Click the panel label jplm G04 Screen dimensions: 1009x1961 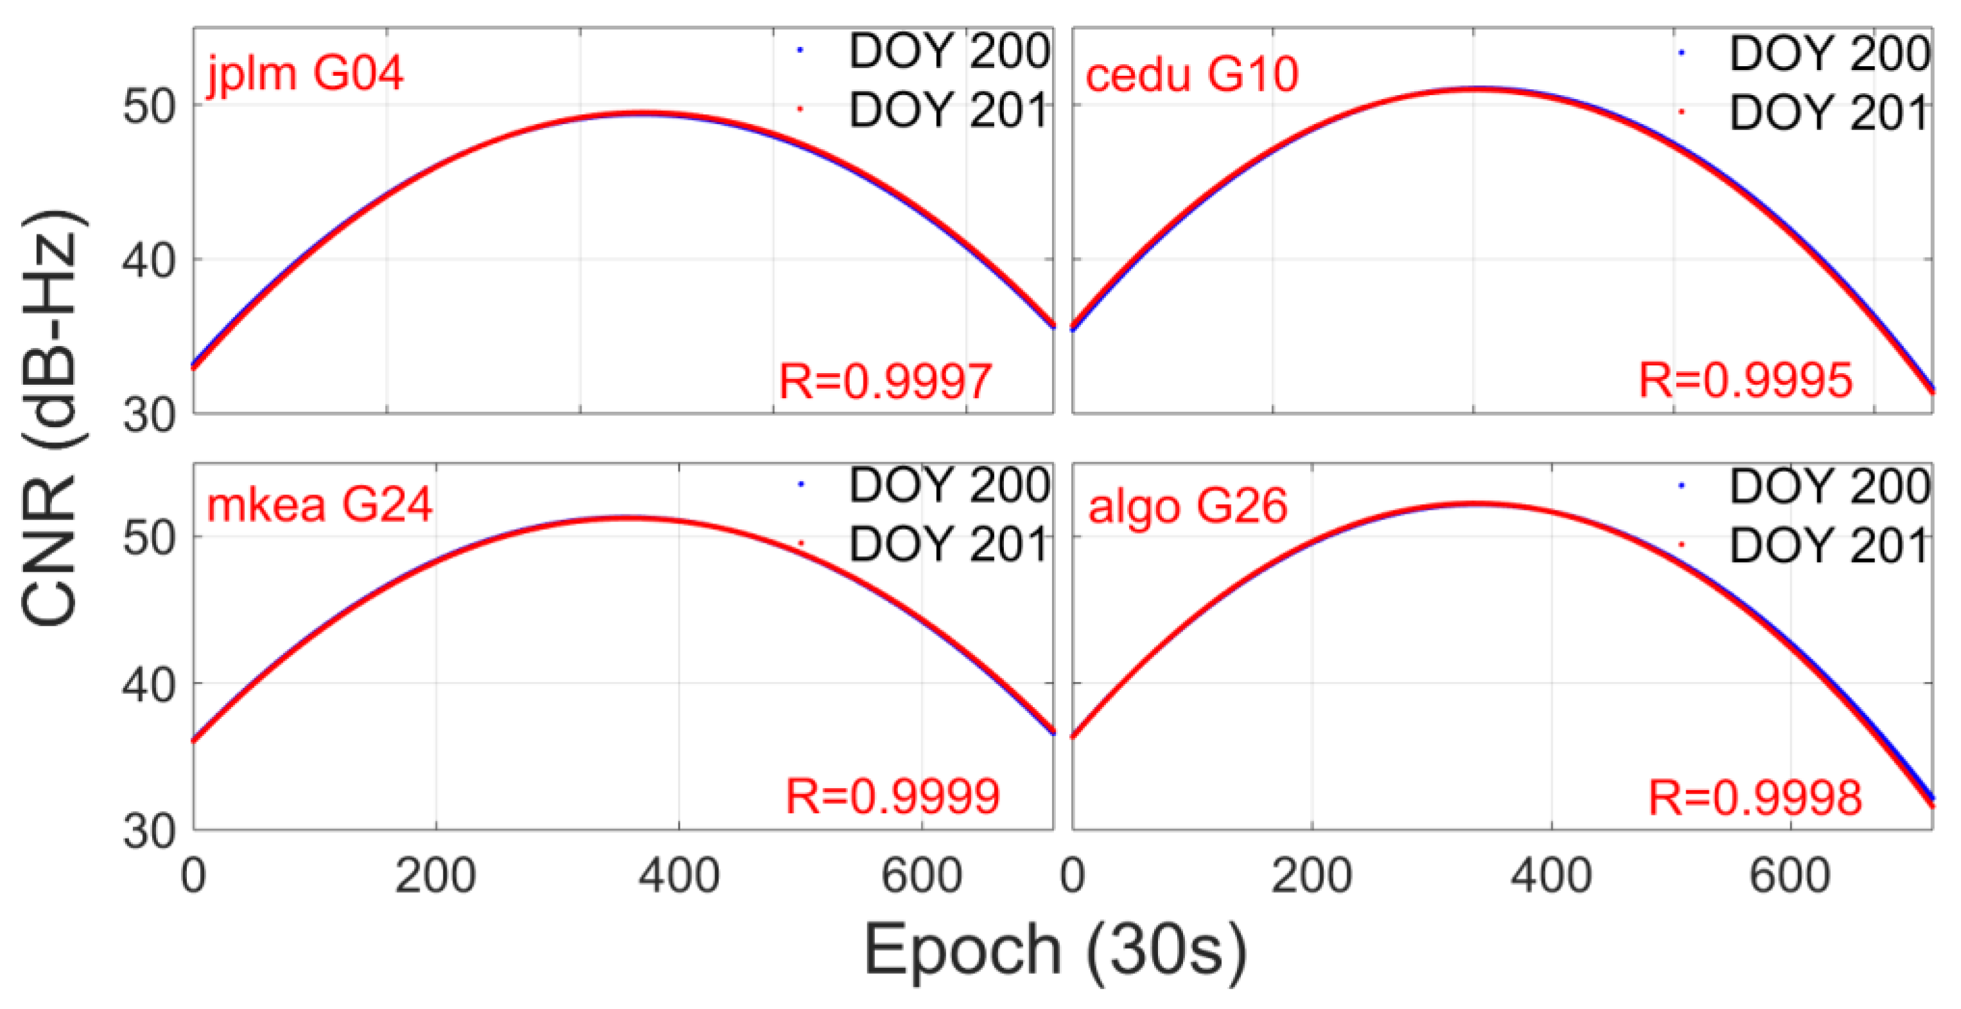[304, 75]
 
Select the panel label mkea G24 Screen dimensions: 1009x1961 [320, 504]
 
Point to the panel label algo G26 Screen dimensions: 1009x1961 [1188, 506]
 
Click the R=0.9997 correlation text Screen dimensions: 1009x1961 [885, 381]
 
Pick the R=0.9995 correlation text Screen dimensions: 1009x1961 [1745, 380]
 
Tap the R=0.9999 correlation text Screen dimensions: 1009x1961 [892, 796]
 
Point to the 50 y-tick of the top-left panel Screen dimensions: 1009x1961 [149, 106]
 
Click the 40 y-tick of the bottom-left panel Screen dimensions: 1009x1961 [149, 685]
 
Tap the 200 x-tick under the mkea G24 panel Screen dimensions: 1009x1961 [435, 876]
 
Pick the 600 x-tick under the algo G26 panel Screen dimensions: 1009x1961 [1790, 876]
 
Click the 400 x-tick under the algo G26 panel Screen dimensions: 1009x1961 [1551, 876]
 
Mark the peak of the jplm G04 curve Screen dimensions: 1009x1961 [643, 114]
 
